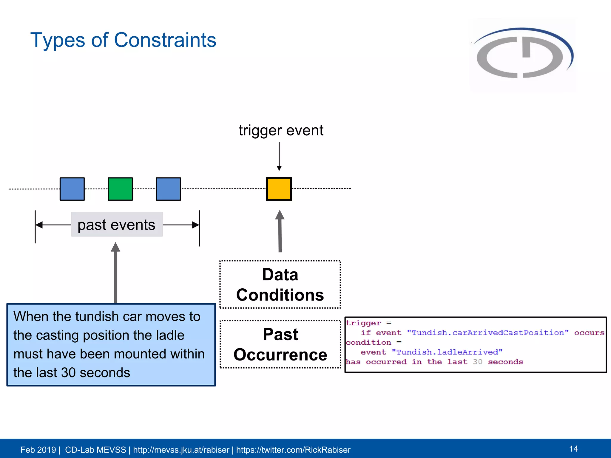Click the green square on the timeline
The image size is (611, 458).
[120, 189]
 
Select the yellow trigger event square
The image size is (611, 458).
[279, 189]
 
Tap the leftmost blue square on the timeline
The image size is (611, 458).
[72, 189]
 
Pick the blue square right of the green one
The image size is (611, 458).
[168, 189]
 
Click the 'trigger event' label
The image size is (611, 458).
[281, 130]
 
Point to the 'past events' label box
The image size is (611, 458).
[117, 225]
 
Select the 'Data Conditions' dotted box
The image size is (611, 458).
[280, 284]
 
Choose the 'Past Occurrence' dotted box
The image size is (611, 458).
[280, 344]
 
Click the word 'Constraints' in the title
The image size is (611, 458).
[165, 40]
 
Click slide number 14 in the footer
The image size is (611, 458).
[573, 449]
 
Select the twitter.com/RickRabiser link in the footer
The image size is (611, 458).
[293, 450]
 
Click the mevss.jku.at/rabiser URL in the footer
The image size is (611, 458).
[181, 450]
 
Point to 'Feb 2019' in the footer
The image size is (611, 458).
[38, 450]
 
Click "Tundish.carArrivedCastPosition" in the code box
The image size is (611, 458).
[488, 333]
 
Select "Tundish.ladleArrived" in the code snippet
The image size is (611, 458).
[447, 352]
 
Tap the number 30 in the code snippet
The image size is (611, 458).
[477, 362]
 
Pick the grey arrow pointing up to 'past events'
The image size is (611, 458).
[115, 273]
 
